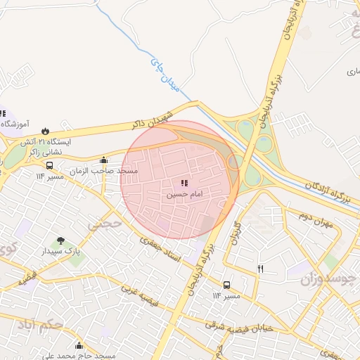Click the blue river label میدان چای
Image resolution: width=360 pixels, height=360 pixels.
pyautogui.click(x=166, y=76)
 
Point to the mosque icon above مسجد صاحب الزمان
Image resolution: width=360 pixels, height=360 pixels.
pyautogui.click(x=104, y=160)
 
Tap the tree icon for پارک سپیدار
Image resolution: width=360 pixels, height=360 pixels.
pyautogui.click(x=59, y=240)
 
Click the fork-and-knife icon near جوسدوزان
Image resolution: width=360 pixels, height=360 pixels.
pyautogui.click(x=261, y=269)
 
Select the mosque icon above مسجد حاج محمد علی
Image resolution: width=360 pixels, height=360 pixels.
pyautogui.click(x=79, y=345)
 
